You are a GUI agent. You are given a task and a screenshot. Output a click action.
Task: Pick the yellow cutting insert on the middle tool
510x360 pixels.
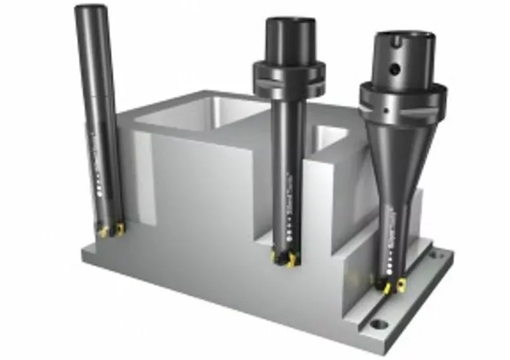click(290, 261)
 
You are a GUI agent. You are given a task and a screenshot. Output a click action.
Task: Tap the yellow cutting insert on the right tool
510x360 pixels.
click(386, 287)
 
